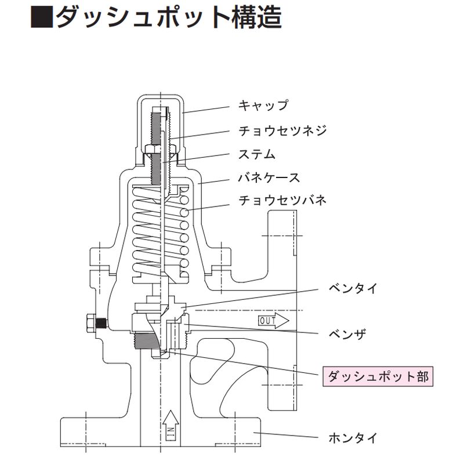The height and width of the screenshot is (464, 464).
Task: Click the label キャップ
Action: point(263,105)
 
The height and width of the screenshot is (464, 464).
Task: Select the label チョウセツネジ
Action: point(282,130)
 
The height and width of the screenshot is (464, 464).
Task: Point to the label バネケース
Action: point(269,176)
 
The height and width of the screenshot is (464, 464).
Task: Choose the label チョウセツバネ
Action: point(282,200)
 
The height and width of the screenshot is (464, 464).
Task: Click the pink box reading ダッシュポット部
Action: point(378,376)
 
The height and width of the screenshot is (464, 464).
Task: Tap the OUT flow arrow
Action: point(273,320)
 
